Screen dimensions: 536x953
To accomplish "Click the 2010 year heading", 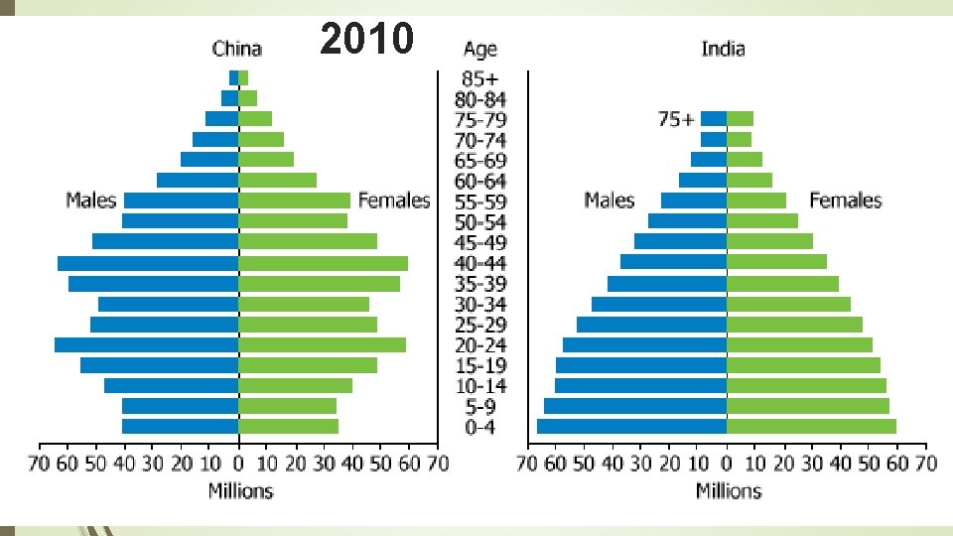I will pos(366,39).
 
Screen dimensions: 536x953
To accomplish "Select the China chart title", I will pos(237,49).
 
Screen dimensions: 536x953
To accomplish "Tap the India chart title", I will pos(723,49).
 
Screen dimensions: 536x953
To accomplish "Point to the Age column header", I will pos(479,49).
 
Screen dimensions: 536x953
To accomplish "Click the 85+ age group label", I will pos(479,77).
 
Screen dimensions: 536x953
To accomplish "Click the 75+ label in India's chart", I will pos(676,119).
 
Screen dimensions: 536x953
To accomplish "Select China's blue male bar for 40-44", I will pos(148,263).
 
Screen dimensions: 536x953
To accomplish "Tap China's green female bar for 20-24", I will pos(323,344).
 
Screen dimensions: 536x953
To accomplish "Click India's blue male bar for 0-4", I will pos(631,426).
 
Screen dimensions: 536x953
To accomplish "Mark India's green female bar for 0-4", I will pos(811,426).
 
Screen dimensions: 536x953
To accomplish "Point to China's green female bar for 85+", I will pos(244,77).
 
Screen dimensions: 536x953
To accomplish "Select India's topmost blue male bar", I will pos(714,119).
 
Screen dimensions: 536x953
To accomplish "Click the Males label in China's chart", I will pos(90,201).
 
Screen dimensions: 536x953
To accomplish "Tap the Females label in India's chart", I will pos(845,201).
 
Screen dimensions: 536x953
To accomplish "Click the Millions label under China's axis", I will pos(239,490).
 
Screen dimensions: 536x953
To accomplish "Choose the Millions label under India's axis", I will pos(728,490).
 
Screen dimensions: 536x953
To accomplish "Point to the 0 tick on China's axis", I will pos(238,464).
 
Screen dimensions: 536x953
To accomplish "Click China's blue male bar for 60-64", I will pos(198,181).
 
